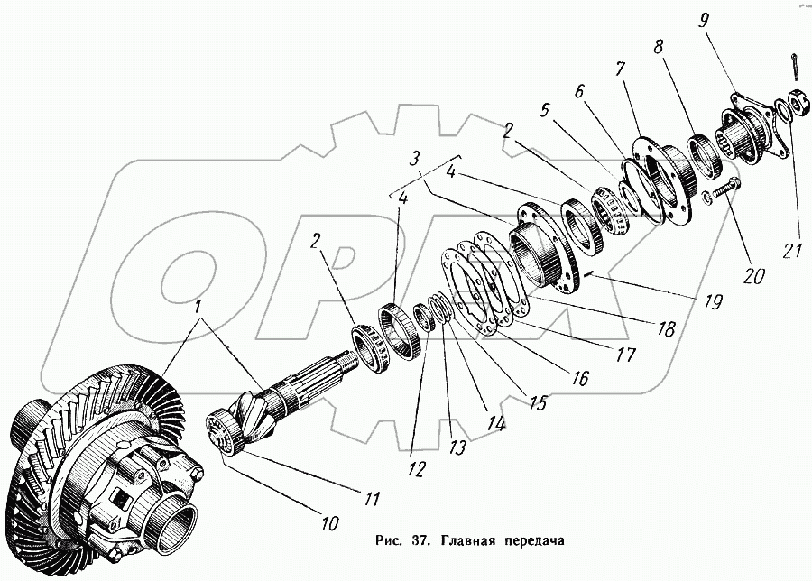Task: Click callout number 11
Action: click(x=370, y=498)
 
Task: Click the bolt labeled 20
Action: click(x=721, y=190)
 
